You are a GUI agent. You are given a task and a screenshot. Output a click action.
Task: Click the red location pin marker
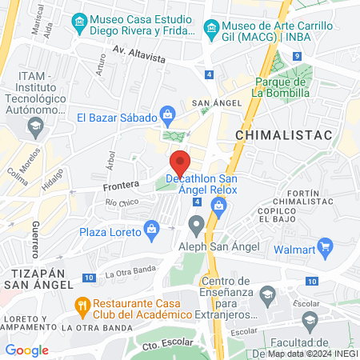(x=181, y=162)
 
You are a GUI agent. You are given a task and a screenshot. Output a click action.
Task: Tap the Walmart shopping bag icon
(x=324, y=245)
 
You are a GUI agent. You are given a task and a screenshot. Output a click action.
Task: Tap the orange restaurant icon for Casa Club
(x=81, y=305)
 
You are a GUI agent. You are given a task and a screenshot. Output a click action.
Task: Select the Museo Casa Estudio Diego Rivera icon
(x=78, y=21)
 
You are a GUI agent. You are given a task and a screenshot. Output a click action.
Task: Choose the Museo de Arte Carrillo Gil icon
(x=211, y=29)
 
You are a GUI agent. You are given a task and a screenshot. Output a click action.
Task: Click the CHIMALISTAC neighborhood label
(x=284, y=136)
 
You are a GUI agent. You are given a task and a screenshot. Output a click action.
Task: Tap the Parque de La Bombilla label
(x=281, y=86)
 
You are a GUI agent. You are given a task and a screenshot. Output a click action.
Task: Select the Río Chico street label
(x=122, y=203)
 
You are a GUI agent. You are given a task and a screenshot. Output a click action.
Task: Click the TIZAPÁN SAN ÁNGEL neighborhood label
(x=38, y=278)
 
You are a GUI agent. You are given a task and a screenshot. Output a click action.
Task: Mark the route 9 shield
(x=296, y=57)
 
